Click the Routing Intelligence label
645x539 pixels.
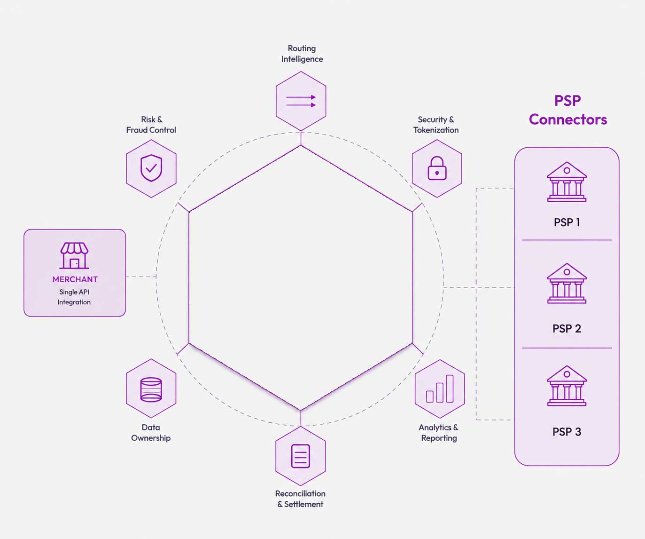point(302,54)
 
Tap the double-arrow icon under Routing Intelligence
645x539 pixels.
point(301,101)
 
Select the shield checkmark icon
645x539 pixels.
point(151,168)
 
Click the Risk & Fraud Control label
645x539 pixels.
point(151,125)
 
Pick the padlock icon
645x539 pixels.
point(437,168)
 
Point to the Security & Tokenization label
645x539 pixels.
point(436,125)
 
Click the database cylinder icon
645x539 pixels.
point(151,389)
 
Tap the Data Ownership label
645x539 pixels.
point(151,433)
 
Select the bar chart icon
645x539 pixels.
point(440,388)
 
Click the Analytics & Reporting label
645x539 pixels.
point(439,433)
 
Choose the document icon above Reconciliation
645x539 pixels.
point(300,456)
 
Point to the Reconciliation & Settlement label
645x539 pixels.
point(300,499)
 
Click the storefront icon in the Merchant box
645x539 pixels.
point(74,255)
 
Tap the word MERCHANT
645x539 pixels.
point(75,279)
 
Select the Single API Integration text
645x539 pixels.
point(74,297)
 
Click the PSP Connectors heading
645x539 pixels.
point(568,110)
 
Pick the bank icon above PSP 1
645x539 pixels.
point(567,182)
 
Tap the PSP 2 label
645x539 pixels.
point(567,328)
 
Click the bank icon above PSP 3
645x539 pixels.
point(567,386)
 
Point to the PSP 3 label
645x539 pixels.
point(567,432)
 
